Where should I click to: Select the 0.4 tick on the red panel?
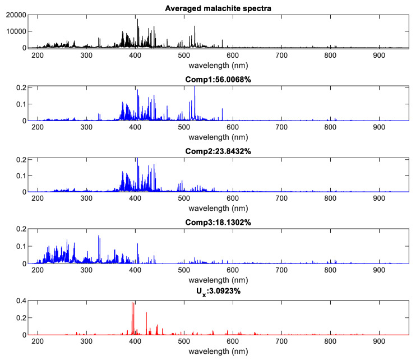tap(19, 301)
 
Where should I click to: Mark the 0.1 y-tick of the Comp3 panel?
tap(19, 247)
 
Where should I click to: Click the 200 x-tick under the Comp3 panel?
tap(38, 270)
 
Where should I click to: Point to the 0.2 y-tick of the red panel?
tap(19, 318)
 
